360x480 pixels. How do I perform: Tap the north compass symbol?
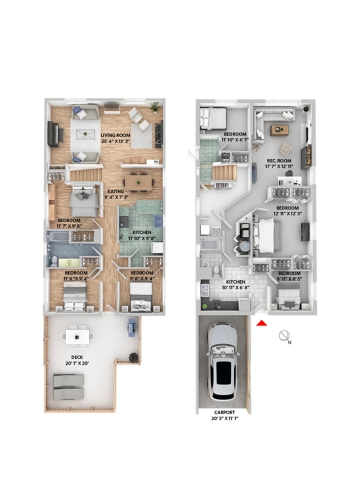(x=283, y=335)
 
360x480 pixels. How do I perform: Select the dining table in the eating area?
(x=138, y=183)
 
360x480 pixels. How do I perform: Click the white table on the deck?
(x=77, y=336)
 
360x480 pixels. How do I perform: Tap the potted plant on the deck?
(x=133, y=357)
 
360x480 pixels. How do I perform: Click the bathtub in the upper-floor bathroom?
(x=58, y=236)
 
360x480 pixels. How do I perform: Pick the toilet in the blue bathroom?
(x=54, y=261)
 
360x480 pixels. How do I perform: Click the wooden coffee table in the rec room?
(x=279, y=130)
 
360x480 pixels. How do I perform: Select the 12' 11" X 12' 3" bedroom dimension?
(x=288, y=213)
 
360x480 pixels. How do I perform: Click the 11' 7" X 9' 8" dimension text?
(x=69, y=226)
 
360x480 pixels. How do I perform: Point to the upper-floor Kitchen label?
(x=141, y=232)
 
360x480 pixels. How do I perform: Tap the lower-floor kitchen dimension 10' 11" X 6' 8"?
(x=235, y=287)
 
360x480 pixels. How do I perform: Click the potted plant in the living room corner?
(x=155, y=107)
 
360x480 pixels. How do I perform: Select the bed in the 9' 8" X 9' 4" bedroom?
(x=141, y=297)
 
